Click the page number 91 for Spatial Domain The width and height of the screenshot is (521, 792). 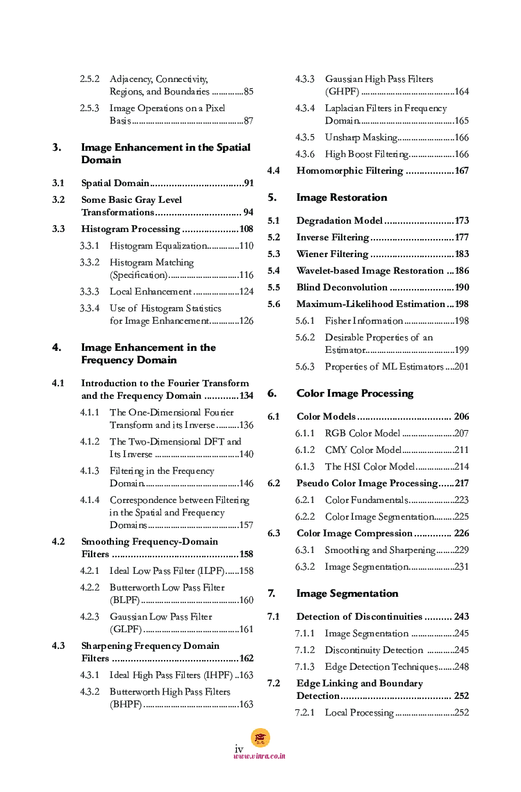tap(247, 183)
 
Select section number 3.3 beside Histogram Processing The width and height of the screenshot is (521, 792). tap(58, 229)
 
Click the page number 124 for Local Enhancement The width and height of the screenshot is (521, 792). tap(246, 292)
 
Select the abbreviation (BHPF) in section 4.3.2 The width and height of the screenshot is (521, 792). tap(126, 704)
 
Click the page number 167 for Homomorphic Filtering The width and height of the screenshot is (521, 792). tap(462, 171)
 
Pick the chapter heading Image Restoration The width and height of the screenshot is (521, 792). tap(342, 197)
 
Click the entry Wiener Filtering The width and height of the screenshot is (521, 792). tap(332, 254)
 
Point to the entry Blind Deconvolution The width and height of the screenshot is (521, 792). tap(342, 288)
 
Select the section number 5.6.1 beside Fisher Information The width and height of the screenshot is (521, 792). tap(305, 321)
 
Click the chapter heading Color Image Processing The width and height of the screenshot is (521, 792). tap(354, 393)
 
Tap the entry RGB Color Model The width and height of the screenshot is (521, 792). tap(363, 434)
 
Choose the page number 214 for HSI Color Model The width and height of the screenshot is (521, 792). tap(462, 467)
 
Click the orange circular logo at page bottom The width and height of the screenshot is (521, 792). tap(260, 738)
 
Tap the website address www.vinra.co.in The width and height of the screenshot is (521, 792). tap(260, 756)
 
